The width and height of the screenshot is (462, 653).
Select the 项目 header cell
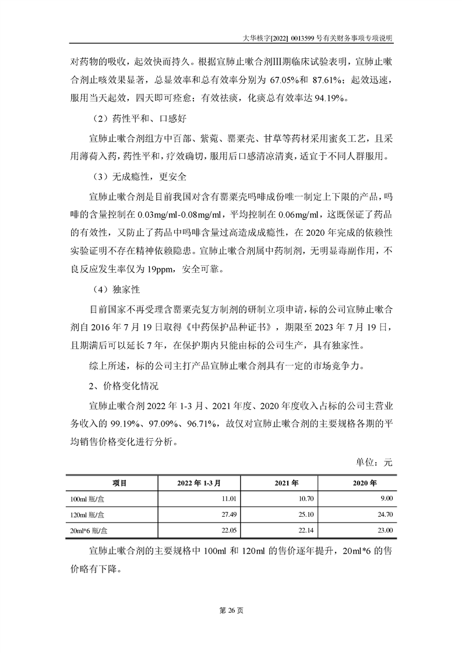coord(112,483)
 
